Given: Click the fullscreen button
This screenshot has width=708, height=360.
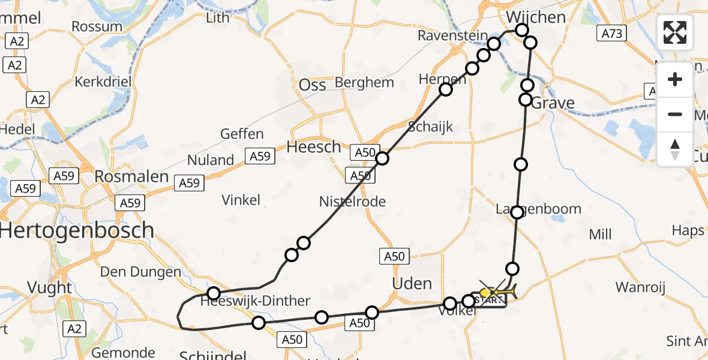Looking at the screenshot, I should click(675, 32).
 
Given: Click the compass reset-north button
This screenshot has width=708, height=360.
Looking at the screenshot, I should click(675, 149).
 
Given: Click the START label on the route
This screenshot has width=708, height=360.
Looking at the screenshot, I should click(489, 301).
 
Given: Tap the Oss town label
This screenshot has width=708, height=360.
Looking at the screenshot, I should click(312, 85).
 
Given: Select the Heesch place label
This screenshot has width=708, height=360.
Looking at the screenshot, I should click(313, 146).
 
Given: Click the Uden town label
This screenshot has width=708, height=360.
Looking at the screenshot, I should click(412, 283).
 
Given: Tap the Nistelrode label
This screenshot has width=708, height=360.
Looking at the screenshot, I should click(352, 202).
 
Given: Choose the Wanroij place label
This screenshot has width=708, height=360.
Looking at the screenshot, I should click(641, 287).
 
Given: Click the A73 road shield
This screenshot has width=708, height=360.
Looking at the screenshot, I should click(612, 34).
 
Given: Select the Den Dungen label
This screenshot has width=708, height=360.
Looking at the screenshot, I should click(140, 272).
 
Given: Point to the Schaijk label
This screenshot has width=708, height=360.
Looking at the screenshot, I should click(430, 127).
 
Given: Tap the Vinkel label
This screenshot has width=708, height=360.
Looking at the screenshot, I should click(241, 200).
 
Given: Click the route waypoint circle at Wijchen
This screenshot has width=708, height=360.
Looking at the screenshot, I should click(521, 30).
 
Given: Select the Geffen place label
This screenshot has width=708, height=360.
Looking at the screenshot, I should click(242, 134).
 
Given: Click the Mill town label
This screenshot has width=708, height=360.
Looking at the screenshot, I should click(600, 233).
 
